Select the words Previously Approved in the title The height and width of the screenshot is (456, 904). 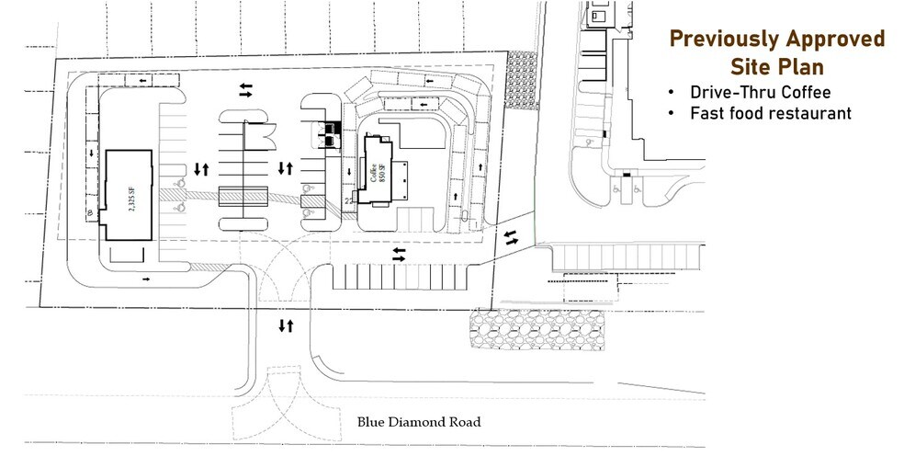(776, 39)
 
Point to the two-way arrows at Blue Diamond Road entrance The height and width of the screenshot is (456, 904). (286, 325)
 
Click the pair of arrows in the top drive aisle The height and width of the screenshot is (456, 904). (246, 89)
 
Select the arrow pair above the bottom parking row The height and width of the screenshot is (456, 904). (398, 253)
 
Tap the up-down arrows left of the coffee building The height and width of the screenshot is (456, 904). (286, 169)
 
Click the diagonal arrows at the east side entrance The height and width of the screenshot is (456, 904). (511, 238)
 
